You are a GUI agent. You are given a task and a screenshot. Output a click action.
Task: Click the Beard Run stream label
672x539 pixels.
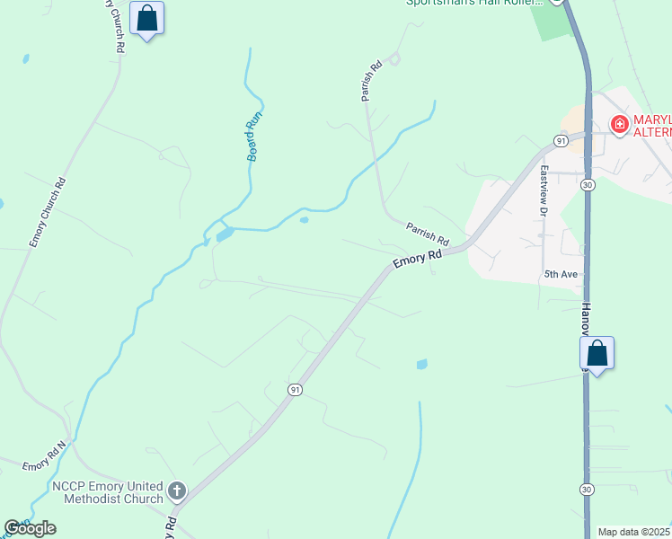click(254, 136)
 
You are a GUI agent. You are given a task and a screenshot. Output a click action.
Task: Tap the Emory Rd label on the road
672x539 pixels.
click(418, 258)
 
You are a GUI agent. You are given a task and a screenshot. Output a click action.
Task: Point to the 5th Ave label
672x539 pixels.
click(558, 273)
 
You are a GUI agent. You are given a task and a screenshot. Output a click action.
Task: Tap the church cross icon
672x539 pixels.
click(177, 490)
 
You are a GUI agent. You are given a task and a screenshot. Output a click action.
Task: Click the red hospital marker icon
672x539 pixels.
click(619, 125)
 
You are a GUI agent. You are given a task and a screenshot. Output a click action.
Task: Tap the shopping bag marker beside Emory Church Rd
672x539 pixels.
click(146, 18)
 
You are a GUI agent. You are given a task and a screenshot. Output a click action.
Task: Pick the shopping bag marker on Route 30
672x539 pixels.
click(597, 353)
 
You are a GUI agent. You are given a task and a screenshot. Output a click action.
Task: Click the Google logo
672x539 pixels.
click(30, 528)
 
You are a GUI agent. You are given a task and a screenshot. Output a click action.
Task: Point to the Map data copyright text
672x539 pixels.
click(634, 532)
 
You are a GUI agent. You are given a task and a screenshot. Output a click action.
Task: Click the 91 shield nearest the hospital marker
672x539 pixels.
click(561, 141)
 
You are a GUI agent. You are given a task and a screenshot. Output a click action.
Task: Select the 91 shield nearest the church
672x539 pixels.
click(295, 389)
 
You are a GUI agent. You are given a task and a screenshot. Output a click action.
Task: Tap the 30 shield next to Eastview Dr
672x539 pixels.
click(587, 184)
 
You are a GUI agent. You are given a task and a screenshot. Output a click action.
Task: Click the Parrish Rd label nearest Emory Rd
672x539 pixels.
click(427, 234)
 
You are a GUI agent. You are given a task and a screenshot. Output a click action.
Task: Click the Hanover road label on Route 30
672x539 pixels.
click(586, 319)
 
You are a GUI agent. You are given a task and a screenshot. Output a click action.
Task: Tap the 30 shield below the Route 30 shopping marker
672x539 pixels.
click(586, 489)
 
